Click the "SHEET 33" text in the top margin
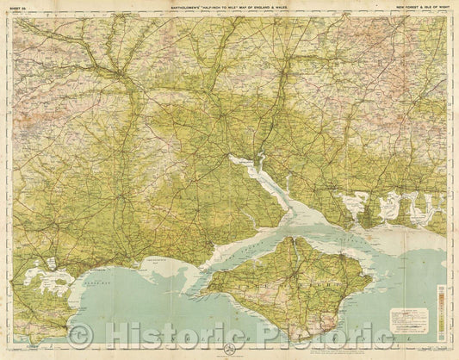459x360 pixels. click(x=18, y=8)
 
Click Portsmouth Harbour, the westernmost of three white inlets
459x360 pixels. click(x=350, y=204)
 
